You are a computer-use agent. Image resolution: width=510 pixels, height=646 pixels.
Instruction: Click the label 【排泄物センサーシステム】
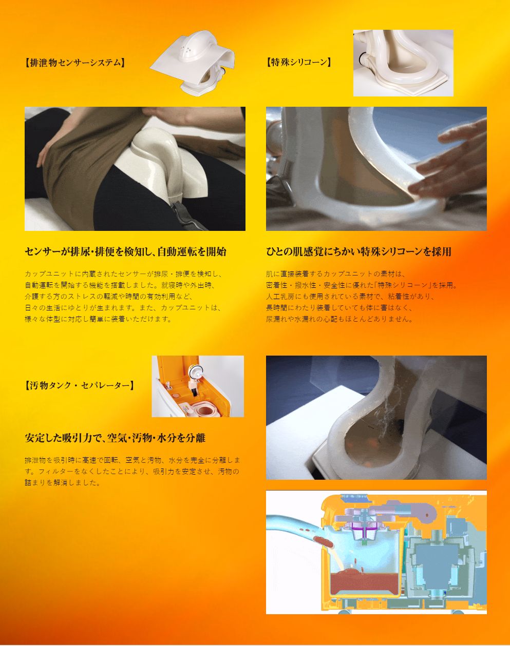coord(74,63)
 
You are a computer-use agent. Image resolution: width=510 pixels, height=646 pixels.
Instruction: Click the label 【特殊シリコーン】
coord(299,63)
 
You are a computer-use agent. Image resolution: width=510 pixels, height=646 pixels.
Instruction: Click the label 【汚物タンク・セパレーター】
coord(79,385)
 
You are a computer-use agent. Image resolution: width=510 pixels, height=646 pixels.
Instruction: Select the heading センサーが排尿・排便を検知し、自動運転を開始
coord(125,251)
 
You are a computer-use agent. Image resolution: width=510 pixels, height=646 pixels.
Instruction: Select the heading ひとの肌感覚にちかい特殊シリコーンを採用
coord(358,251)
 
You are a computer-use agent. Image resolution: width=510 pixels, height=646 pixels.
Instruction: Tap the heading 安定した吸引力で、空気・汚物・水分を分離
coord(115,438)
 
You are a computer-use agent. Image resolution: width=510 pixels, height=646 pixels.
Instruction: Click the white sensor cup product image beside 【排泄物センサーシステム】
coord(192,63)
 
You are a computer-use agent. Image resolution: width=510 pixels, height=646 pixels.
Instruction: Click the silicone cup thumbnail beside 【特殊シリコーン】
coord(403,63)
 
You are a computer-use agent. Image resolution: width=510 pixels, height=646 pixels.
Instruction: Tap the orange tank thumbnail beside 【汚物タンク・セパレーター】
coord(198,386)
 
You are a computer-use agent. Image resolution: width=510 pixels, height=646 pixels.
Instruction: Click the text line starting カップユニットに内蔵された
coord(123,274)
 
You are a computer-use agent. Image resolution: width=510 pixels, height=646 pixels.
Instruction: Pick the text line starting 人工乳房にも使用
coord(350,297)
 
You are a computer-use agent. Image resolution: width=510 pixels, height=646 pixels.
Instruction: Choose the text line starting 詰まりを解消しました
coord(62,483)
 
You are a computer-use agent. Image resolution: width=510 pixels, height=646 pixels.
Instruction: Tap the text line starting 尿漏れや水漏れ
coord(339,319)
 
